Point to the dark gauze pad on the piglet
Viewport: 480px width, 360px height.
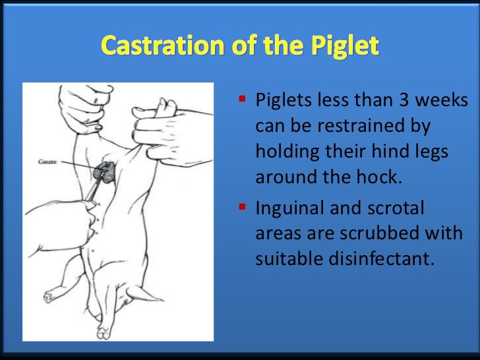coord(104,172)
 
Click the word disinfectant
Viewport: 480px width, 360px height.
coord(382,259)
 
